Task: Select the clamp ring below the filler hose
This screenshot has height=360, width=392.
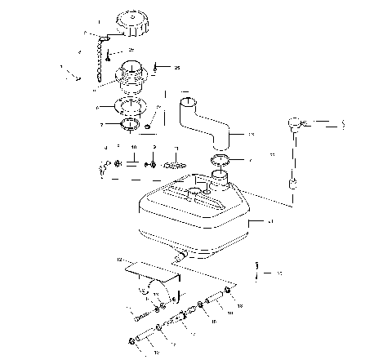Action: pos(219,158)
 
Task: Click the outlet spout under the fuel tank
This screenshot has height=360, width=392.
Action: pos(178,256)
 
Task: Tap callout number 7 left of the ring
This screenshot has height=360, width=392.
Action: pos(100,125)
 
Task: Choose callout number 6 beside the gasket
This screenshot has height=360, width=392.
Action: pos(98,106)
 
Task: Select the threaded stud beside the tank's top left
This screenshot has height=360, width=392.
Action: pos(172,164)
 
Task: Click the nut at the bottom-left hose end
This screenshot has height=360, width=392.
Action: pos(131,340)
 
